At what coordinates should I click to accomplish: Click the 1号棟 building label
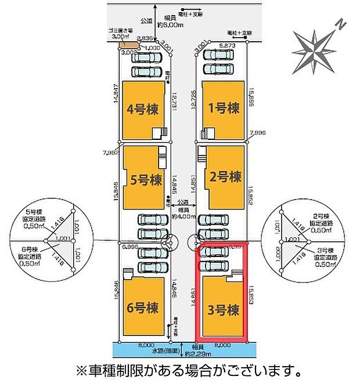[x=224, y=108]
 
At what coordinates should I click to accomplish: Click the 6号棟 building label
[x=142, y=307]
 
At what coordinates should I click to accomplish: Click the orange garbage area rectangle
[x=128, y=44]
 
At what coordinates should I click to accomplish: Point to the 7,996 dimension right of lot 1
[x=256, y=133]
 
